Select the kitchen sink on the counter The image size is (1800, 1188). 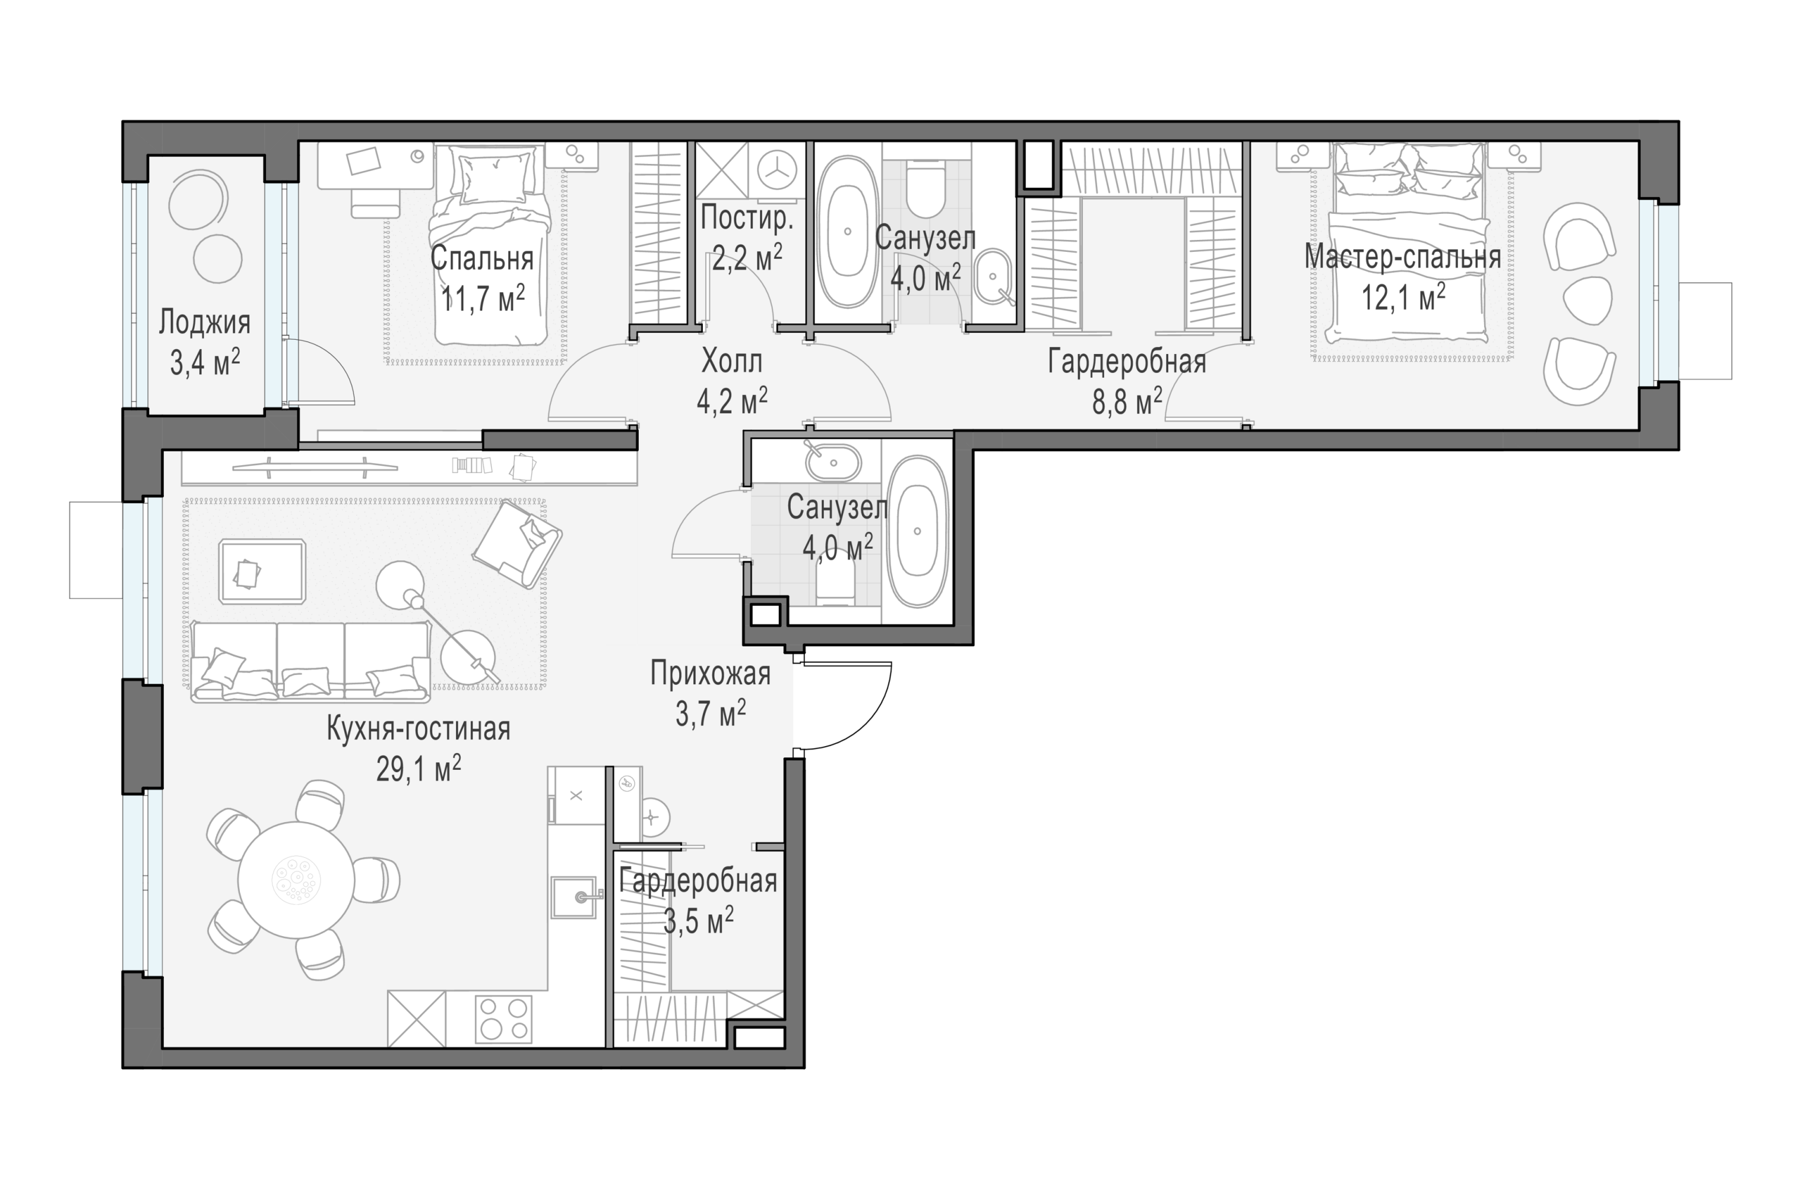577,897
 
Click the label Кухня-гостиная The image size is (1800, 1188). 419,729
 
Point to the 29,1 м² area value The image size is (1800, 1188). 419,769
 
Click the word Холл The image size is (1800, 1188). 731,362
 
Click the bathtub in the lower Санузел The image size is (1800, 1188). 917,531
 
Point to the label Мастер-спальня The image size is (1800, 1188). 1402,258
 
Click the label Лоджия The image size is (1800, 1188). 204,323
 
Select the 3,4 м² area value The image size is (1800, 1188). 204,362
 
